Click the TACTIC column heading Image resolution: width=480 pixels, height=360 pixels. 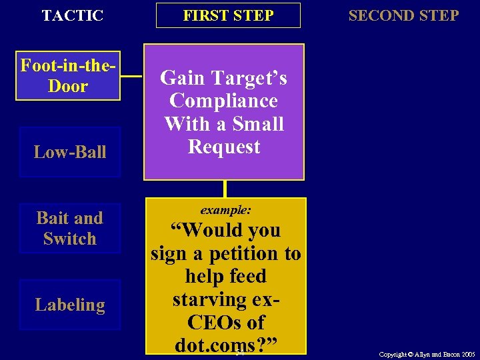pos(73,15)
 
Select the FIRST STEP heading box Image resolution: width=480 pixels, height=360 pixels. pos(228,15)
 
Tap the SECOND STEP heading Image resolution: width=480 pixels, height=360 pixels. pos(403,15)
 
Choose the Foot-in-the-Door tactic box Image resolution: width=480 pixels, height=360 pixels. pos(68,76)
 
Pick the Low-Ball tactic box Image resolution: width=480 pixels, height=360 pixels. pos(70,152)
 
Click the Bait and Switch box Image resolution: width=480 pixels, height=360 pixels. pos(70,228)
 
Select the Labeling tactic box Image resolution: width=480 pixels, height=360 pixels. pos(70,305)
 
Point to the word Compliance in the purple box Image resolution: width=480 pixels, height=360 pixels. pos(223,101)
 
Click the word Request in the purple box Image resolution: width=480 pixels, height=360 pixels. pos(224,147)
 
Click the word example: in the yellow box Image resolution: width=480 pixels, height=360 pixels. pos(226,209)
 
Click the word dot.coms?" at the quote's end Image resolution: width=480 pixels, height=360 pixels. pos(225,345)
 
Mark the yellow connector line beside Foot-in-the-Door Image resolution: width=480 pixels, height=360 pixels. pos(132,76)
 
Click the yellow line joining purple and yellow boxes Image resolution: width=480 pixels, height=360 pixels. pos(225,189)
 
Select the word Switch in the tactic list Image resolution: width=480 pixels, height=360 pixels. pos(70,238)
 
